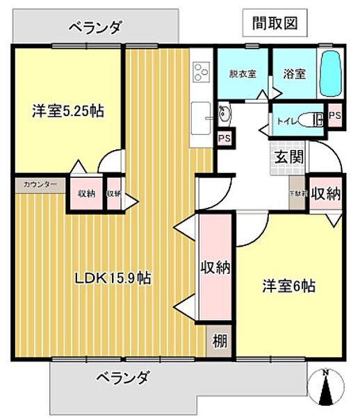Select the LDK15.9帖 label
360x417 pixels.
(113, 278)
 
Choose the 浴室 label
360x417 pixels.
(295, 74)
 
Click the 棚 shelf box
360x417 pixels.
(219, 341)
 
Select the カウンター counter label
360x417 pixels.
(40, 185)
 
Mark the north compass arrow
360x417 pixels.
(327, 389)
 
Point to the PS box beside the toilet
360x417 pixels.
(334, 116)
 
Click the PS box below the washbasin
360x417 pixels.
(224, 138)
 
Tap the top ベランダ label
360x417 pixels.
(96, 28)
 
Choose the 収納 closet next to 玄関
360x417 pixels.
(326, 194)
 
